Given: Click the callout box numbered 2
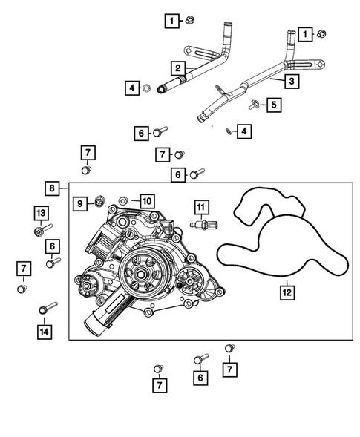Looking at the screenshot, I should pos(178,68).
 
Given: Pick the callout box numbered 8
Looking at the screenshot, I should pos(51,188).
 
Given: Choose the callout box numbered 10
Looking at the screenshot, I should pos(145,200).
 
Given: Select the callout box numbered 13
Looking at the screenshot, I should pos(40,214).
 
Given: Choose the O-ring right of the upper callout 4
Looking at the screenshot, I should pos(148,90).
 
